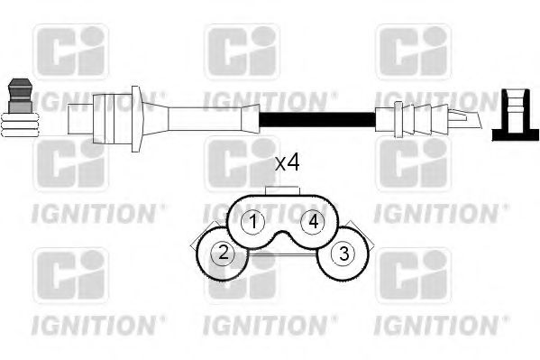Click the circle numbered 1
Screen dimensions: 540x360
click(255, 221)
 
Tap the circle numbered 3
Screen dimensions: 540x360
click(343, 255)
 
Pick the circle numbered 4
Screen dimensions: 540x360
click(313, 221)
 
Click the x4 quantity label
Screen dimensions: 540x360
click(287, 163)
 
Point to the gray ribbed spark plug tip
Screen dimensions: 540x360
click(19, 111)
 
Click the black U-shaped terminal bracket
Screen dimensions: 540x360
click(515, 115)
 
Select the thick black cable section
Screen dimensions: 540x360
click(316, 118)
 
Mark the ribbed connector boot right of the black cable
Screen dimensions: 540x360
click(415, 118)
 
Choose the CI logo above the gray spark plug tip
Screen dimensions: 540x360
click(70, 51)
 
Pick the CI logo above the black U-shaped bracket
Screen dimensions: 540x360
click(412, 51)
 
